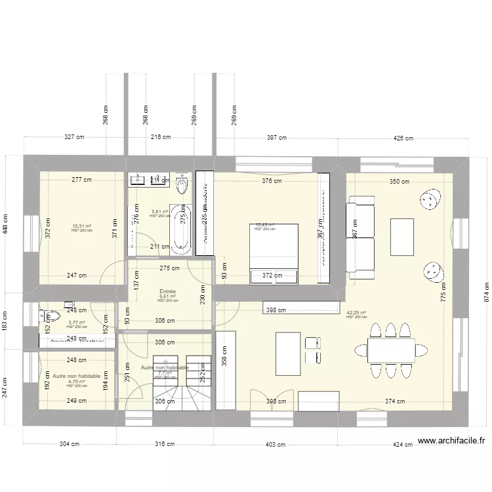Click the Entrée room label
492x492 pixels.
tap(167, 291)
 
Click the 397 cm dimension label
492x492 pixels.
tap(277, 138)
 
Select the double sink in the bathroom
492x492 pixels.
tap(150, 178)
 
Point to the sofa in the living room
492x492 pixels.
tap(359, 237)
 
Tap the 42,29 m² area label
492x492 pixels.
tap(356, 313)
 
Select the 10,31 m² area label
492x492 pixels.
tap(81, 226)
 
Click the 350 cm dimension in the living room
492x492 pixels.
tap(399, 182)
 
